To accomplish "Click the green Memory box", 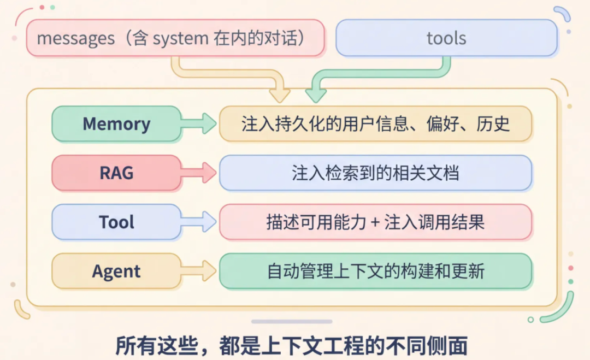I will tap(116, 124).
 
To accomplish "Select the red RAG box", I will tap(116, 173).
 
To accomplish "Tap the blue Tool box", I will tap(116, 222).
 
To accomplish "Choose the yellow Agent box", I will tap(116, 272).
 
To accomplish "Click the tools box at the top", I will tap(446, 38).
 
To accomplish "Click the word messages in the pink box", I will tap(75, 39).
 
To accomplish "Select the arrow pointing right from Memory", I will tap(199, 124).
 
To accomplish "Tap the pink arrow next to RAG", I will tap(199, 173).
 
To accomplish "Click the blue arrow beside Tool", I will tap(199, 222).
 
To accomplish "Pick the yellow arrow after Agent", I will tap(199, 272).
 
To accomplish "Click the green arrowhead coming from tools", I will tap(316, 95).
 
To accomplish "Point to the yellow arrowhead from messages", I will tap(280, 95).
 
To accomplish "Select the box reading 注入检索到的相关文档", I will tap(375, 173).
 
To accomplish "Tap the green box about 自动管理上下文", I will tap(375, 272).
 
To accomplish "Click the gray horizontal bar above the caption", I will tap(292, 322).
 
